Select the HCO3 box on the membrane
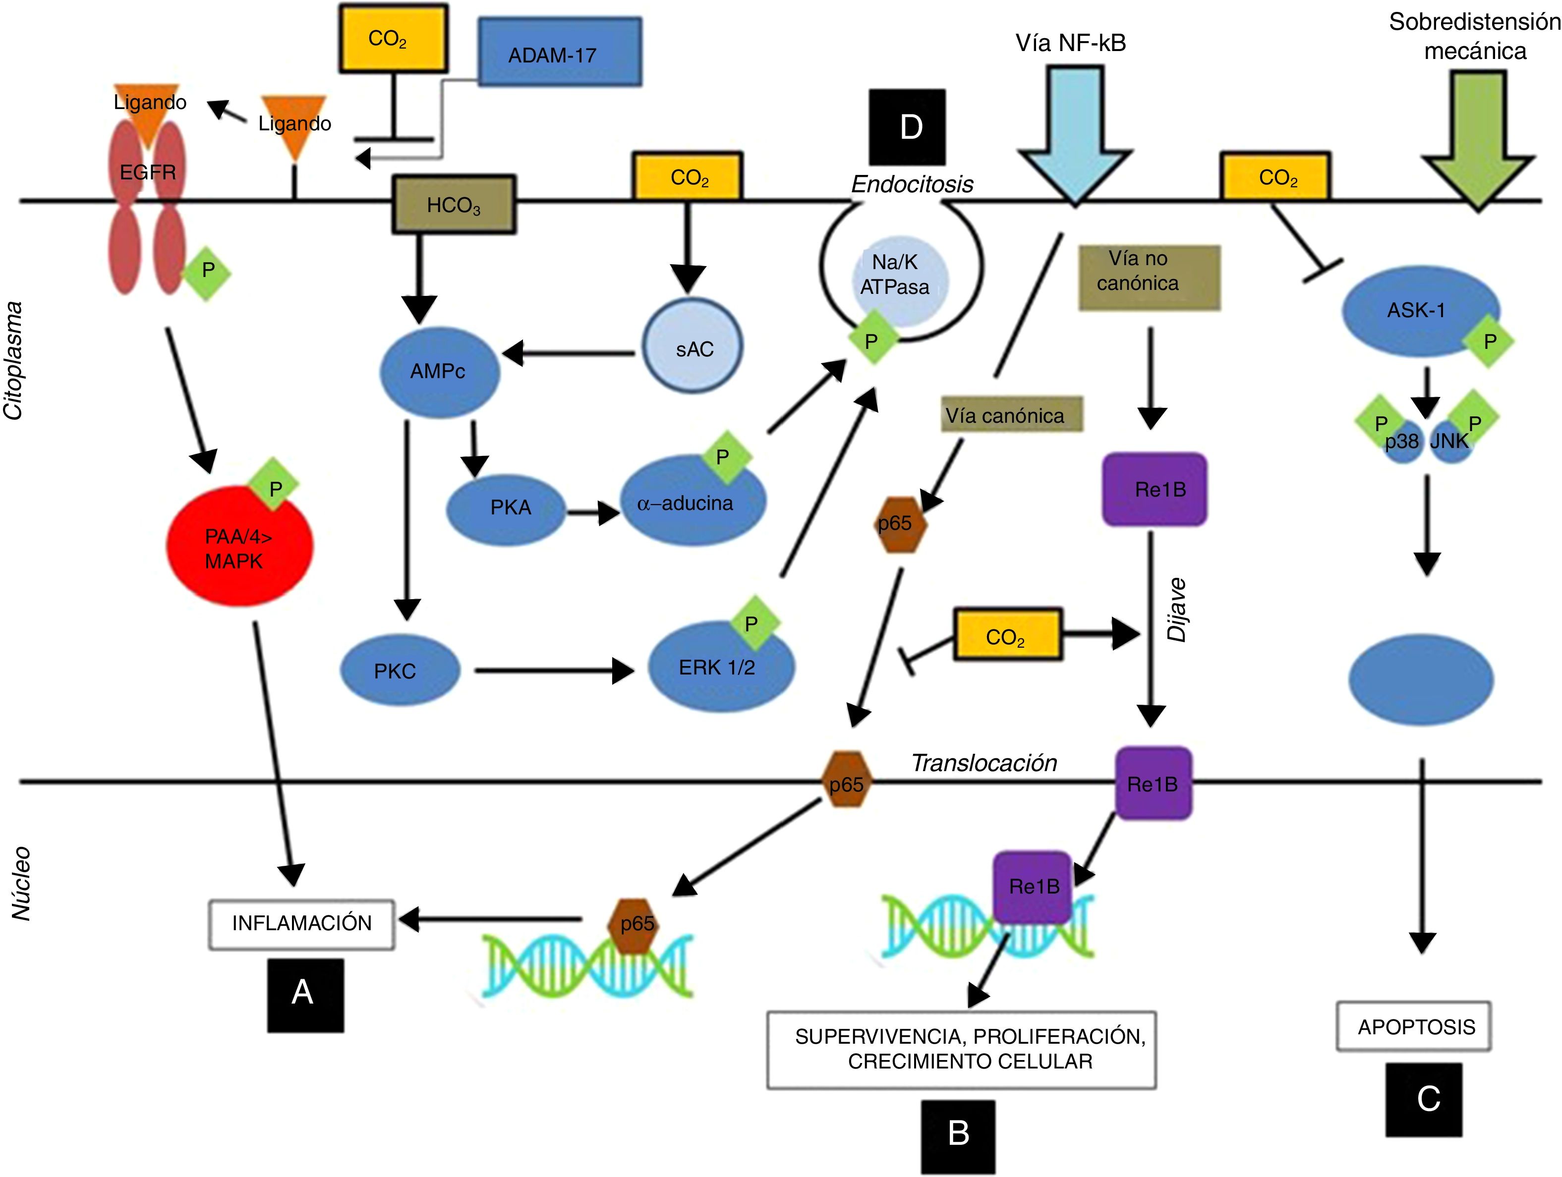454,205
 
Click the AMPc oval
439,372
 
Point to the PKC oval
400,670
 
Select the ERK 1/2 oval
721,667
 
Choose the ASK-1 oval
1419,311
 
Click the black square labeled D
907,127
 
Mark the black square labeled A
305,994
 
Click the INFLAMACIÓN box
301,924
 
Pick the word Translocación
983,763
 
